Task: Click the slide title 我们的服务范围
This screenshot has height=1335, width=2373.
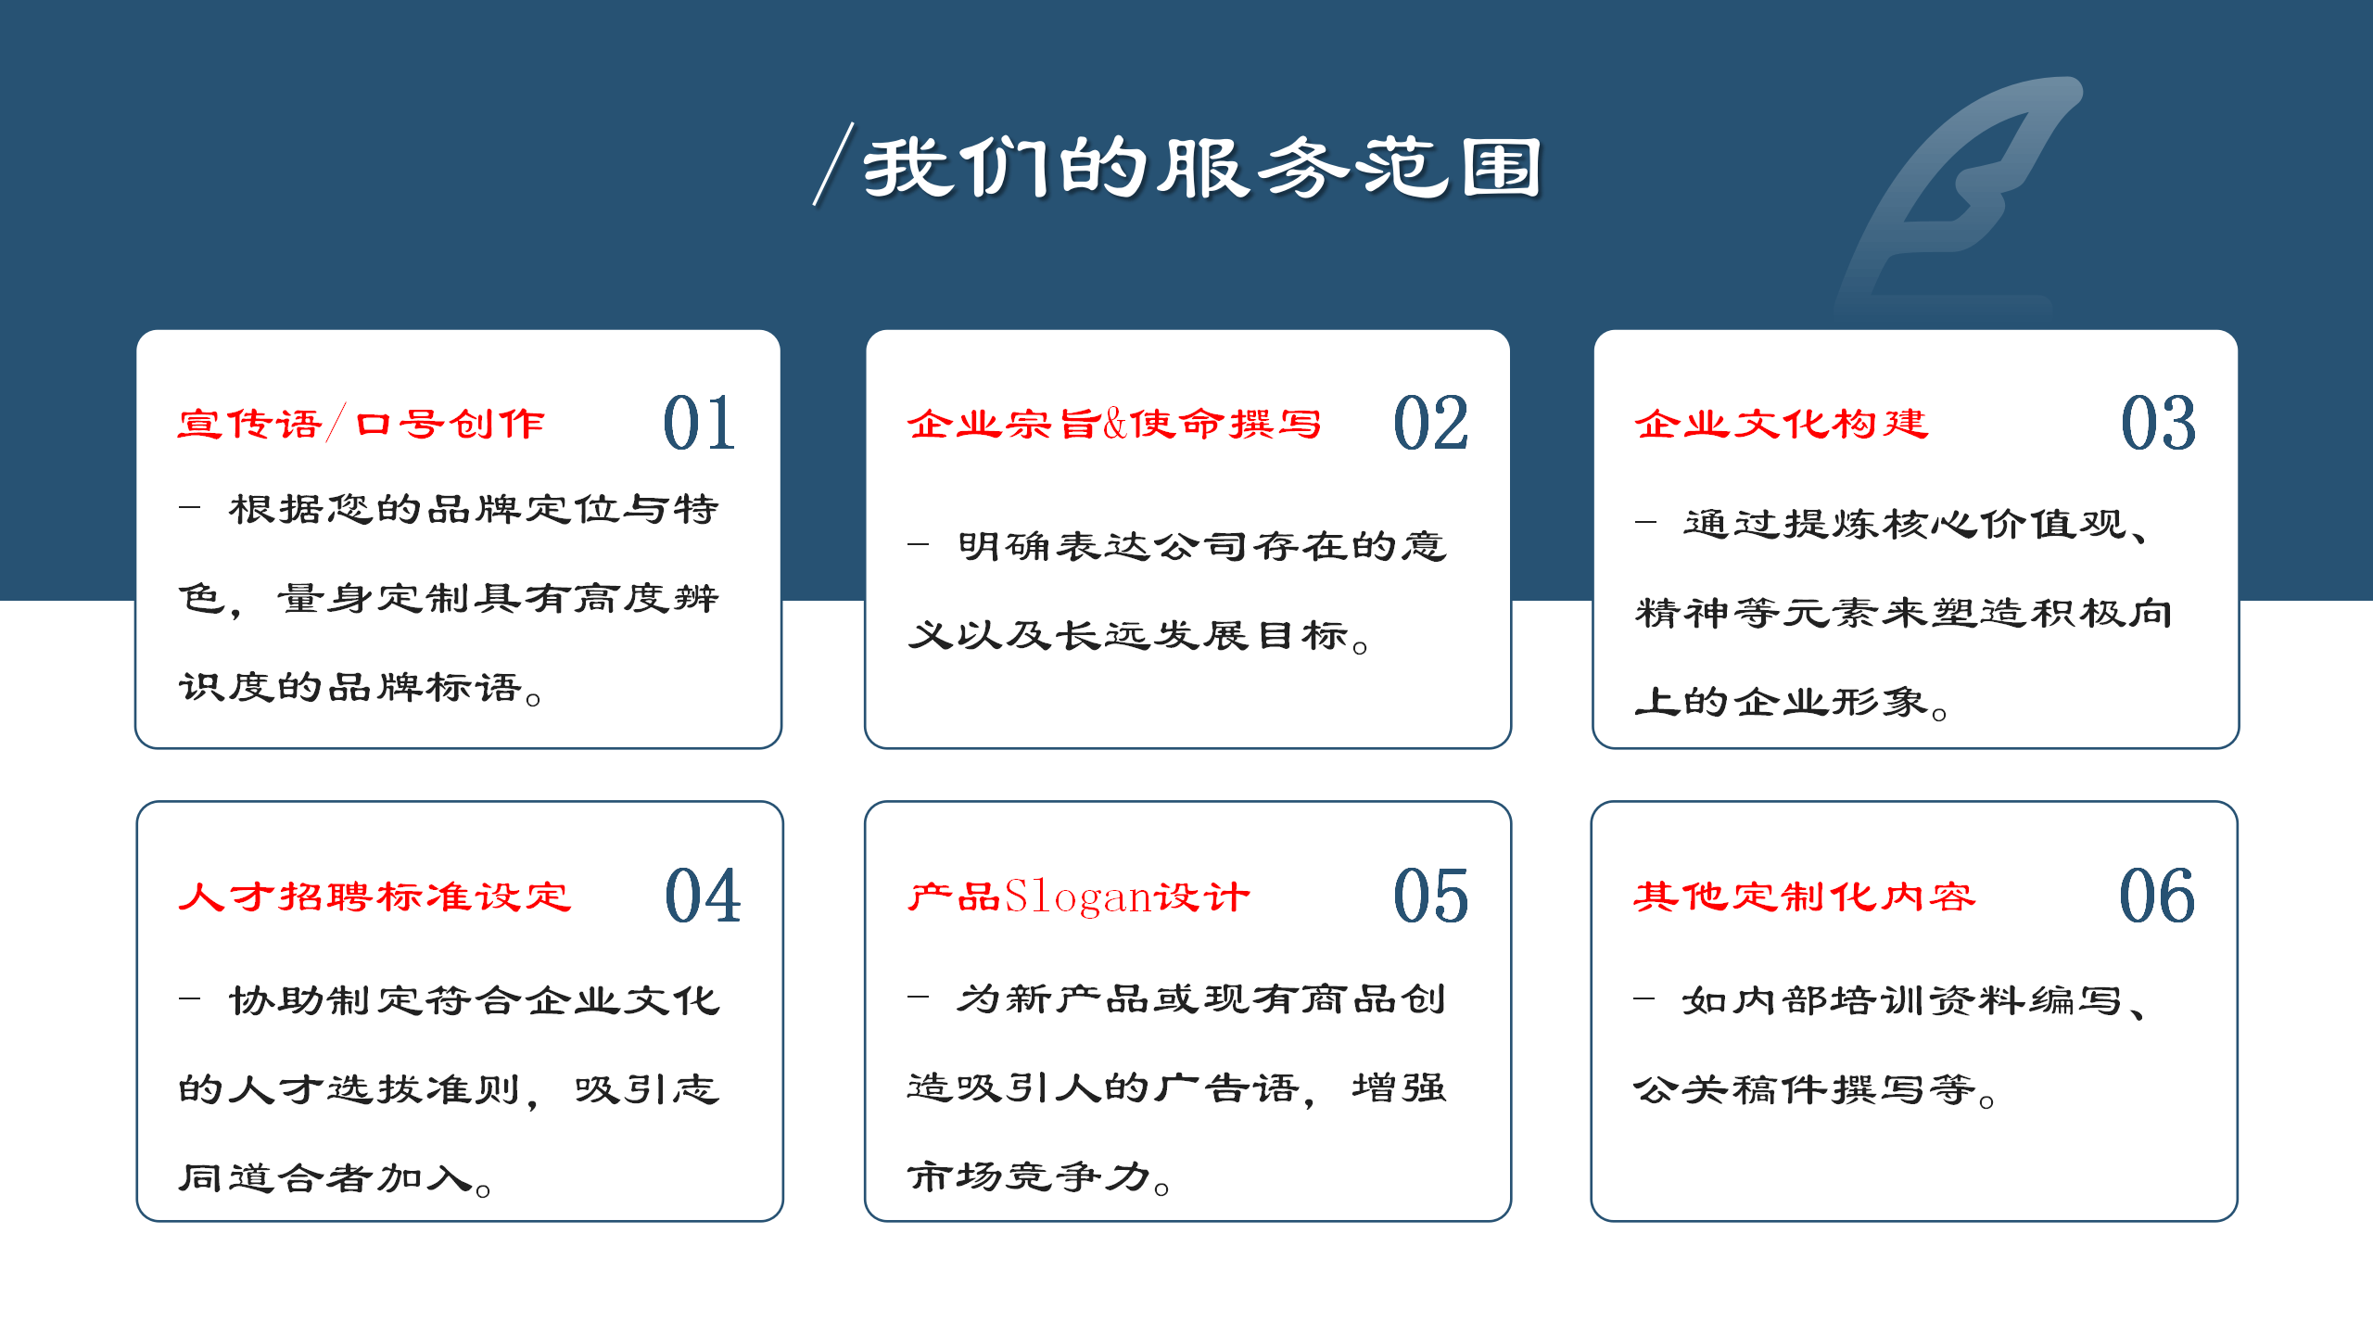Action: coord(1202,168)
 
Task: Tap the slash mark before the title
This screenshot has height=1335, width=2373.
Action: coord(833,164)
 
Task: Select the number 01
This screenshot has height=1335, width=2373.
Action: coord(700,424)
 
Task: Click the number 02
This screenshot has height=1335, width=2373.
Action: coord(1430,424)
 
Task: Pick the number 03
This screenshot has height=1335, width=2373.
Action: coord(2159,424)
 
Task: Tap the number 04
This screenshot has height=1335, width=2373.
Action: coord(703,896)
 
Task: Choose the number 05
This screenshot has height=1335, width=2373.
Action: coord(1430,896)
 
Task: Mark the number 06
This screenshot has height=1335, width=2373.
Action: coord(2158,896)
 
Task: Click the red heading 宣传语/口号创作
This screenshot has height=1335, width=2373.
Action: coord(361,425)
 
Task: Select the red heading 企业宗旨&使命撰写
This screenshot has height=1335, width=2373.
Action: coord(1114,425)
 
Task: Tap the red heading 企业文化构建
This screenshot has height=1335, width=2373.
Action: coord(1781,425)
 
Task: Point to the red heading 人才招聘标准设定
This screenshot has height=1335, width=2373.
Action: coord(374,896)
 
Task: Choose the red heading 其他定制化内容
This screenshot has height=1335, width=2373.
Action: coord(1804,896)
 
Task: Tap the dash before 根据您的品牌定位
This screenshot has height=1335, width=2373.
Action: coord(190,508)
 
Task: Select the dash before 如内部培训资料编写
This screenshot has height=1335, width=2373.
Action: coord(1644,998)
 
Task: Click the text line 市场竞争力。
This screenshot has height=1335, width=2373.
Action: coord(1039,1177)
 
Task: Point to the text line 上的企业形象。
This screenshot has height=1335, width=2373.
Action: coord(1792,703)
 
